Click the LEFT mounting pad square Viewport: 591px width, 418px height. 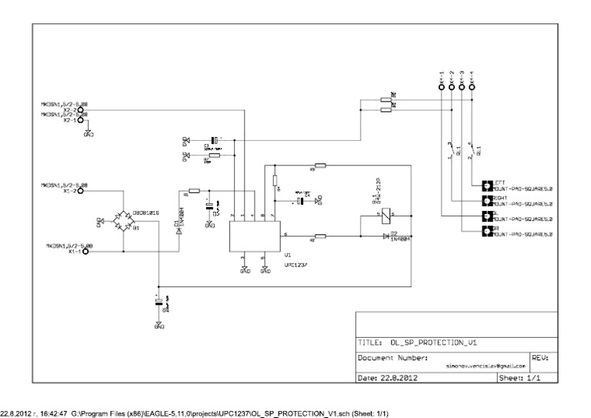click(x=486, y=186)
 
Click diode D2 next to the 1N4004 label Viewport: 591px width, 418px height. click(x=386, y=236)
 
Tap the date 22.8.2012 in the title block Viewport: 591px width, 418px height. click(x=399, y=378)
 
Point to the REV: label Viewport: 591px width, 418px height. click(x=540, y=358)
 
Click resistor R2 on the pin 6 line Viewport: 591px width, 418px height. click(x=320, y=236)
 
